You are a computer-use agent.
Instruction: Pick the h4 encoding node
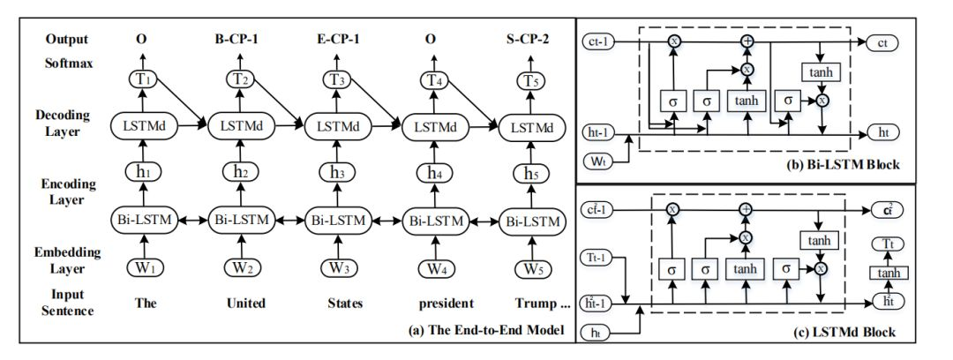pos(432,173)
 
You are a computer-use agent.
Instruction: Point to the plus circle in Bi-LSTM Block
pos(747,41)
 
